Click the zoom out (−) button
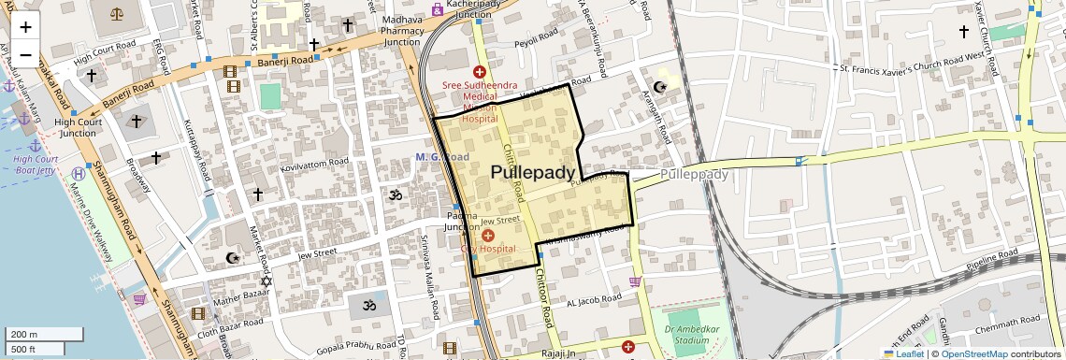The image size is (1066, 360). pos(25,54)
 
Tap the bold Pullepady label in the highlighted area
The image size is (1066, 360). pos(532,172)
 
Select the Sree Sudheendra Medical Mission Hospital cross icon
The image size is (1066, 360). pos(479,71)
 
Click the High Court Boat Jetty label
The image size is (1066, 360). pos(36,165)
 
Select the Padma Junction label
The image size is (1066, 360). pos(461,222)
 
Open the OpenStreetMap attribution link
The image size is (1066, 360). pos(973,353)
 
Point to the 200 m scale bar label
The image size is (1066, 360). pos(24,334)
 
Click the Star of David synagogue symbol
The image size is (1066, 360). pos(265,281)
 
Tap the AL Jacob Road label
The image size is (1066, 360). pos(594,299)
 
